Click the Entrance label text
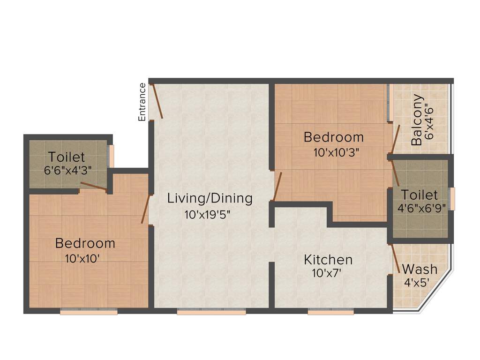[x=142, y=102]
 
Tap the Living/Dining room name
[x=210, y=198]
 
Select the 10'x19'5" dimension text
[x=207, y=215]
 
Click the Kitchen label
[x=328, y=259]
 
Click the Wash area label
[x=420, y=270]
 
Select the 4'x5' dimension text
[x=417, y=283]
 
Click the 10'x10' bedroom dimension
[x=84, y=258]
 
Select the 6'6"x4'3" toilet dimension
[x=67, y=170]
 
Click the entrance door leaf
[x=157, y=101]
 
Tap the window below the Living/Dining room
[x=211, y=311]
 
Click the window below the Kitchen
[x=330, y=311]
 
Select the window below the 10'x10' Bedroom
[x=89, y=311]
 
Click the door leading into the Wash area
[x=395, y=258]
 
